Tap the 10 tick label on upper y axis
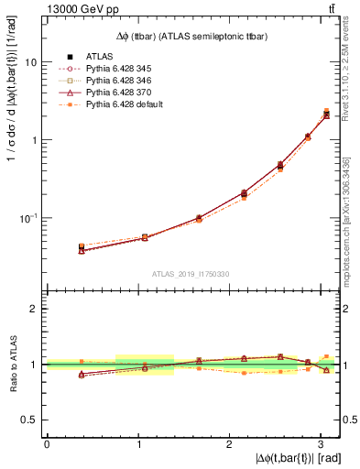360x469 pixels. click(31, 62)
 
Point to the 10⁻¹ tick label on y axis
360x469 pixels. click(29, 217)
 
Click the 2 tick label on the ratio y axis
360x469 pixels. click(35, 309)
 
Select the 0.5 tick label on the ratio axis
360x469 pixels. click(31, 420)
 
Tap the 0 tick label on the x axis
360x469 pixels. click(47, 444)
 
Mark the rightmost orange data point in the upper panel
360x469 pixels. click(326, 111)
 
